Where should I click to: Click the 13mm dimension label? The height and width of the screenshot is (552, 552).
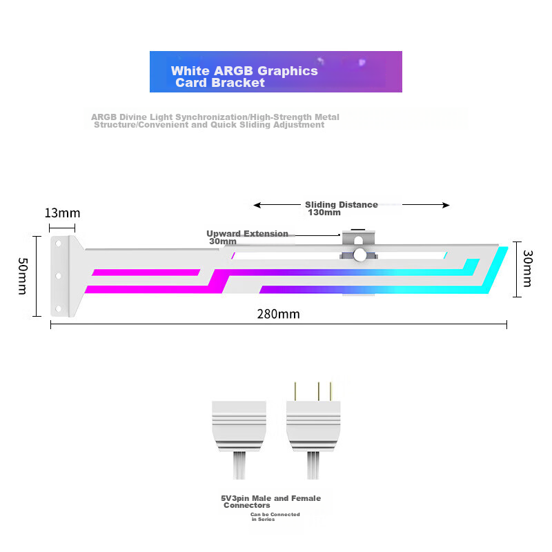(62, 213)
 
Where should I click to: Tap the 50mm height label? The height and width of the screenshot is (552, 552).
(23, 276)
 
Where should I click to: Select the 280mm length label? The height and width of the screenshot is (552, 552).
(278, 314)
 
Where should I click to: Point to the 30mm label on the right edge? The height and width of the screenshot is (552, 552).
(527, 268)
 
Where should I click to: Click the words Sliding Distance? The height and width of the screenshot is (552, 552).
(341, 204)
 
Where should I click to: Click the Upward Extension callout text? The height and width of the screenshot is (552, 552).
(247, 234)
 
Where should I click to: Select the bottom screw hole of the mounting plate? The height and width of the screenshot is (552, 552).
(58, 308)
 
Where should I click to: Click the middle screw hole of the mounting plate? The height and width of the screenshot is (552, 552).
(58, 275)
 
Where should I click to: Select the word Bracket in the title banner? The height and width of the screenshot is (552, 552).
(238, 83)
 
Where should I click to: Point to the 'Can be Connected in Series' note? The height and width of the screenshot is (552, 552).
(275, 517)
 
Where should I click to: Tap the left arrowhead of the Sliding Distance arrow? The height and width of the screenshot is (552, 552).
(257, 205)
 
